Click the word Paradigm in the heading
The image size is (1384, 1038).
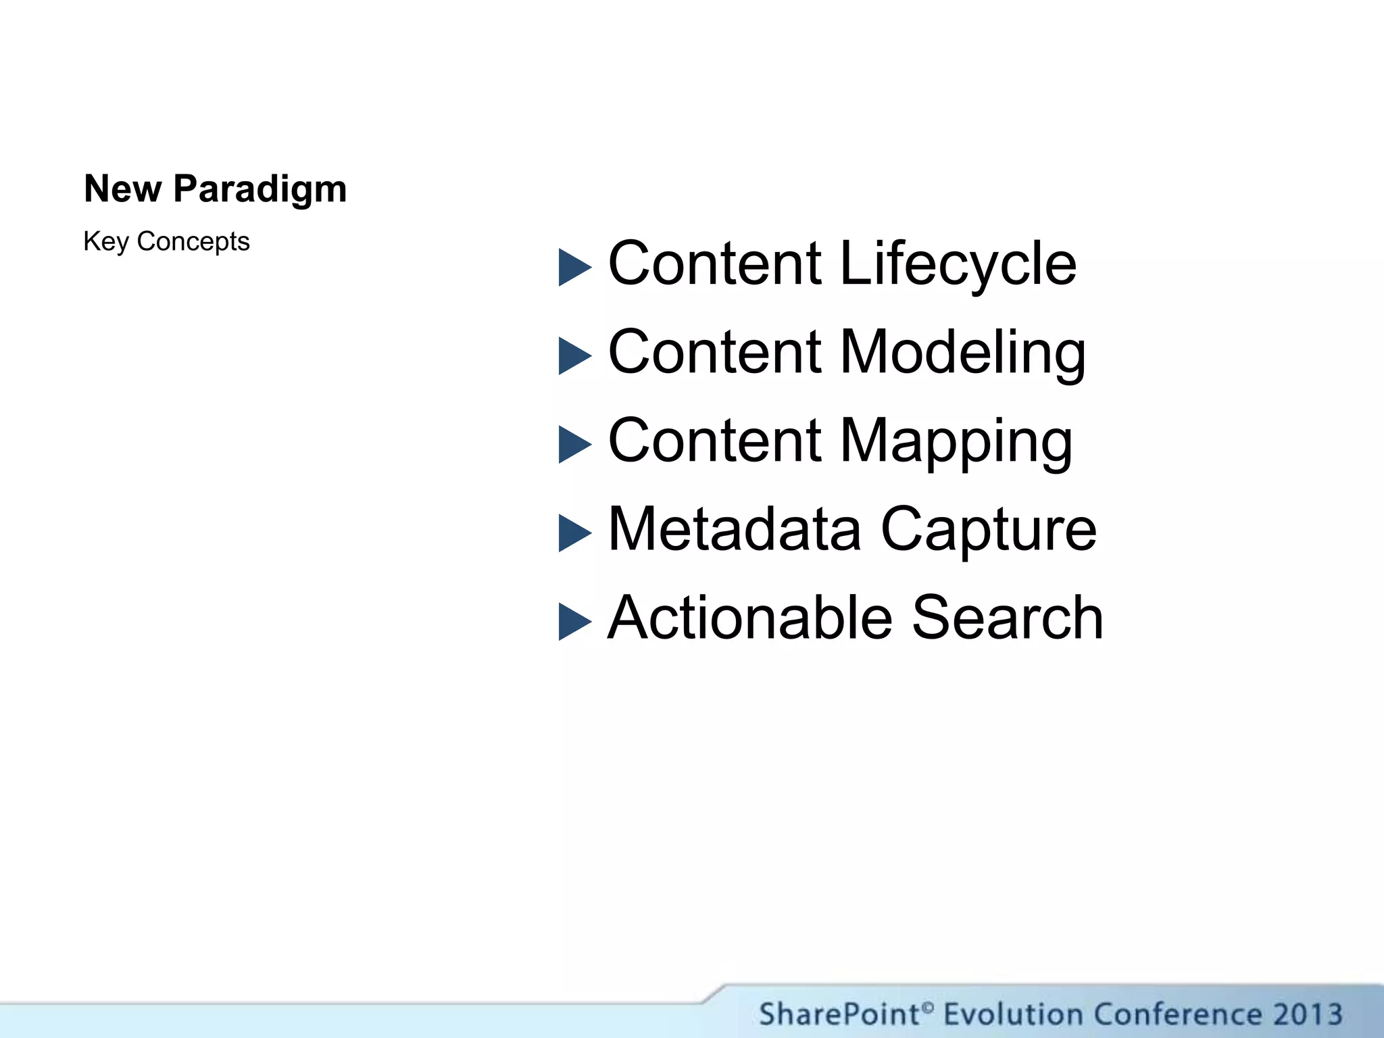[260, 189]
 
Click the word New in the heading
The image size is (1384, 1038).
[122, 189]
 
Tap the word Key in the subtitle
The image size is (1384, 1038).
[105, 241]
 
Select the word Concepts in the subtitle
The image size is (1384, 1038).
[193, 241]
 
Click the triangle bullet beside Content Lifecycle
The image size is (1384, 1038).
[574, 268]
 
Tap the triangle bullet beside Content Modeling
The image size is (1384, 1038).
[574, 356]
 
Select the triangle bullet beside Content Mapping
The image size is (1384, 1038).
[574, 445]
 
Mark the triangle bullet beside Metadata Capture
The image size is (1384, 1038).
[574, 533]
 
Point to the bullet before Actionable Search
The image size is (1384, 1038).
[574, 622]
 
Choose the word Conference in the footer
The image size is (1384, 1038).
[1177, 1014]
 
